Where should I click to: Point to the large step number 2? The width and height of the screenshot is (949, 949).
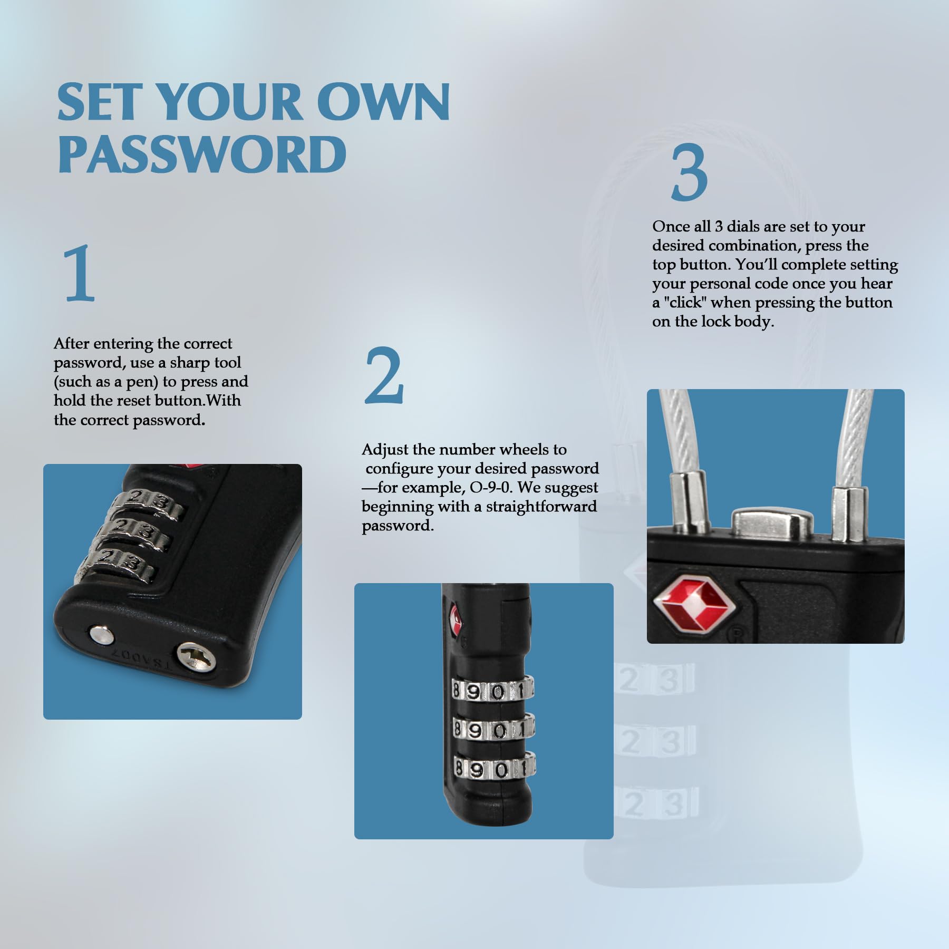tap(384, 375)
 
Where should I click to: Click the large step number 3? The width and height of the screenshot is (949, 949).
tap(689, 172)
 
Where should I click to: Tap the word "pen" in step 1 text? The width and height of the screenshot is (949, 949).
tap(138, 382)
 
